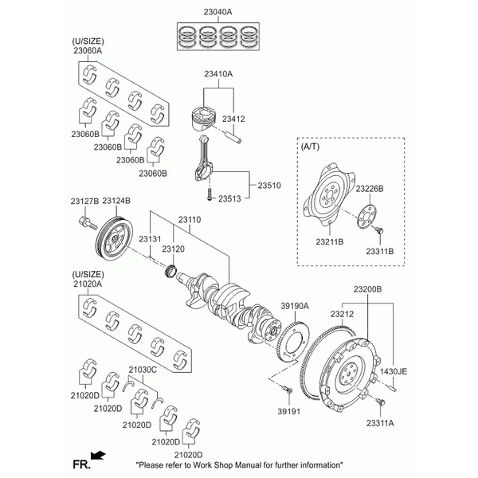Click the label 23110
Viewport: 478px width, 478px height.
(190, 218)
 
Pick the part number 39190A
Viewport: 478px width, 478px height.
(294, 306)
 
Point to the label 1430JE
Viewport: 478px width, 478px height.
(392, 372)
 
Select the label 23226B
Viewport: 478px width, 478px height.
(370, 188)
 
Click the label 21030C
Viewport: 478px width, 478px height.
(143, 369)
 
